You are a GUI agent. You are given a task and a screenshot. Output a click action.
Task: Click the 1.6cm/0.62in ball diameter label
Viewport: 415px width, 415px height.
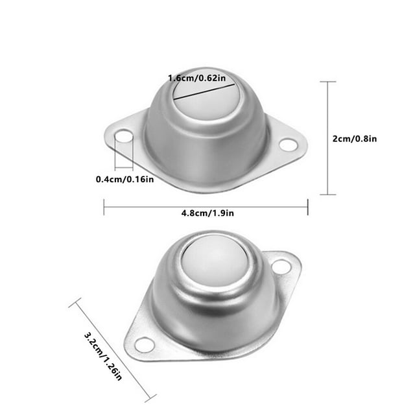(x=197, y=78)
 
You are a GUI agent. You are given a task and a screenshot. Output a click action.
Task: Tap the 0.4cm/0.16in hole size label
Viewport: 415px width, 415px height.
(x=124, y=180)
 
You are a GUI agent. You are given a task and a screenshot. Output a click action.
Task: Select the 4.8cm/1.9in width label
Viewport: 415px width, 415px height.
(x=207, y=213)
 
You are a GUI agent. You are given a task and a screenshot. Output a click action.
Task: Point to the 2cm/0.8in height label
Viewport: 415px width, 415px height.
(x=355, y=139)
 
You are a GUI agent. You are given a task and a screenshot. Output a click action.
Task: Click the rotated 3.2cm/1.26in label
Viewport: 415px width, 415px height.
(x=103, y=356)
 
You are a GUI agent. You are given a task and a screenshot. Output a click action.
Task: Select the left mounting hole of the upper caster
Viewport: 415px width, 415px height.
(x=124, y=136)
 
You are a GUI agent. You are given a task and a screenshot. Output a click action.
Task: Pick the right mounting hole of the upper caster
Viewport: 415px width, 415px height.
(x=289, y=145)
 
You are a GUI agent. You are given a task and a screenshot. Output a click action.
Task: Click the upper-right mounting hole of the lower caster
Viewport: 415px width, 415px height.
(x=281, y=267)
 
